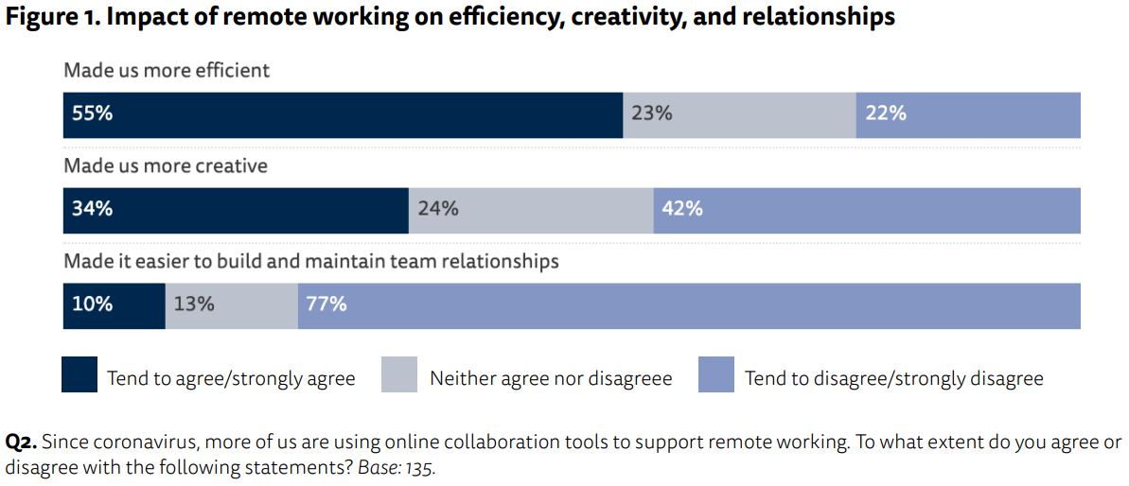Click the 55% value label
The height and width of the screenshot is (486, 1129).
(x=93, y=113)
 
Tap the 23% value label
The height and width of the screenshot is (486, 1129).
(x=652, y=113)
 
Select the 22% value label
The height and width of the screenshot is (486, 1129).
(x=885, y=113)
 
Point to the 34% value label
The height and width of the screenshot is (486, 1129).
(x=93, y=209)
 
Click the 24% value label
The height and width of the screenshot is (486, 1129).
(x=438, y=209)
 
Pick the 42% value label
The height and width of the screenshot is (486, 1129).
(x=682, y=209)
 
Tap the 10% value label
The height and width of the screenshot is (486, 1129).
(x=92, y=304)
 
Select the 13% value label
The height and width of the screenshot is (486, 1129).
(x=194, y=304)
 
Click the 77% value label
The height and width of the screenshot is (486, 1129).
(x=326, y=304)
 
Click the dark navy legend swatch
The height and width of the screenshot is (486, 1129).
(x=79, y=374)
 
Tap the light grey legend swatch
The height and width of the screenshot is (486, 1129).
(x=399, y=374)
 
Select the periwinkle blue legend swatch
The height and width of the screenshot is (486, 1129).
(x=715, y=374)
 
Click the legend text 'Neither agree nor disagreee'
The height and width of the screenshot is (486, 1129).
(x=551, y=379)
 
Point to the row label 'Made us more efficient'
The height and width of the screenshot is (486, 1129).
(x=167, y=70)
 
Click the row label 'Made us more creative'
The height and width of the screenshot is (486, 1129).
(x=166, y=165)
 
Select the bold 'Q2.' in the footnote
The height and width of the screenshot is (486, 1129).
(x=21, y=443)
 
